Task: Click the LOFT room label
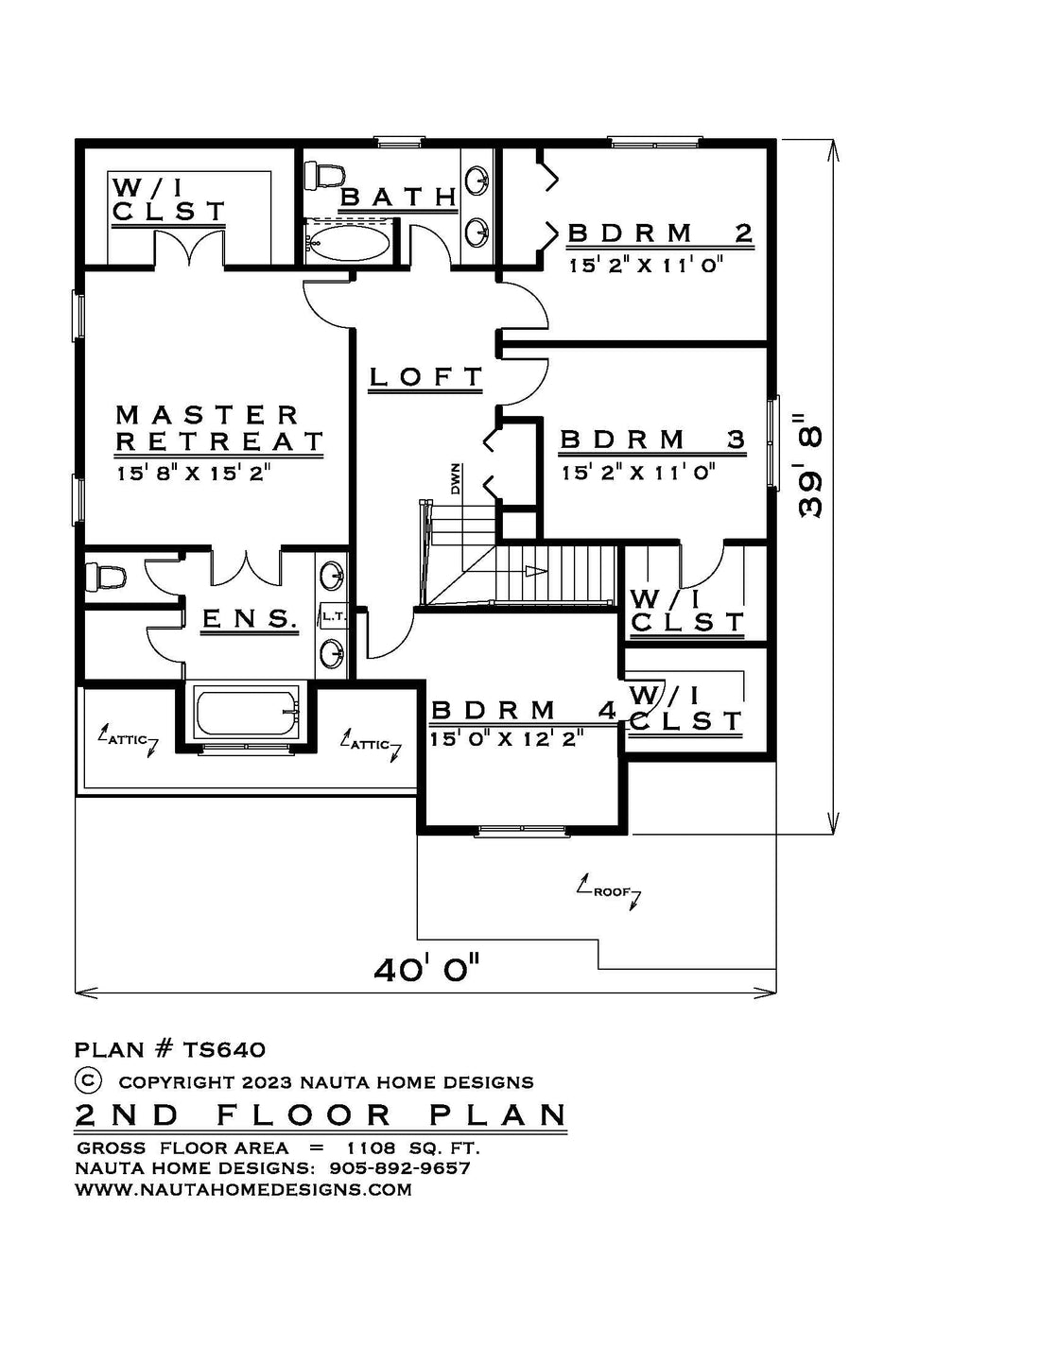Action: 425,376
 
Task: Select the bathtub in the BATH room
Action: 350,242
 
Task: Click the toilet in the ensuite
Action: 105,577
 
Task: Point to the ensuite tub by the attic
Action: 247,713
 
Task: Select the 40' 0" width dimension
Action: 426,970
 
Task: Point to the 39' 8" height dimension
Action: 810,463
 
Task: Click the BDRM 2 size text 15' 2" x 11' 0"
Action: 647,265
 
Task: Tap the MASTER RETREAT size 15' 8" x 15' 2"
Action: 195,474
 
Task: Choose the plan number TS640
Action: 224,1049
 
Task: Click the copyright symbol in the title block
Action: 88,1079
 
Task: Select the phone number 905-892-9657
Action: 400,1168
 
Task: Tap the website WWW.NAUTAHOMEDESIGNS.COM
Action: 243,1189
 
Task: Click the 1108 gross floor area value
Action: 371,1148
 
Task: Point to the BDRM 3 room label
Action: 653,440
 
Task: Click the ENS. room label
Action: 249,618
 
